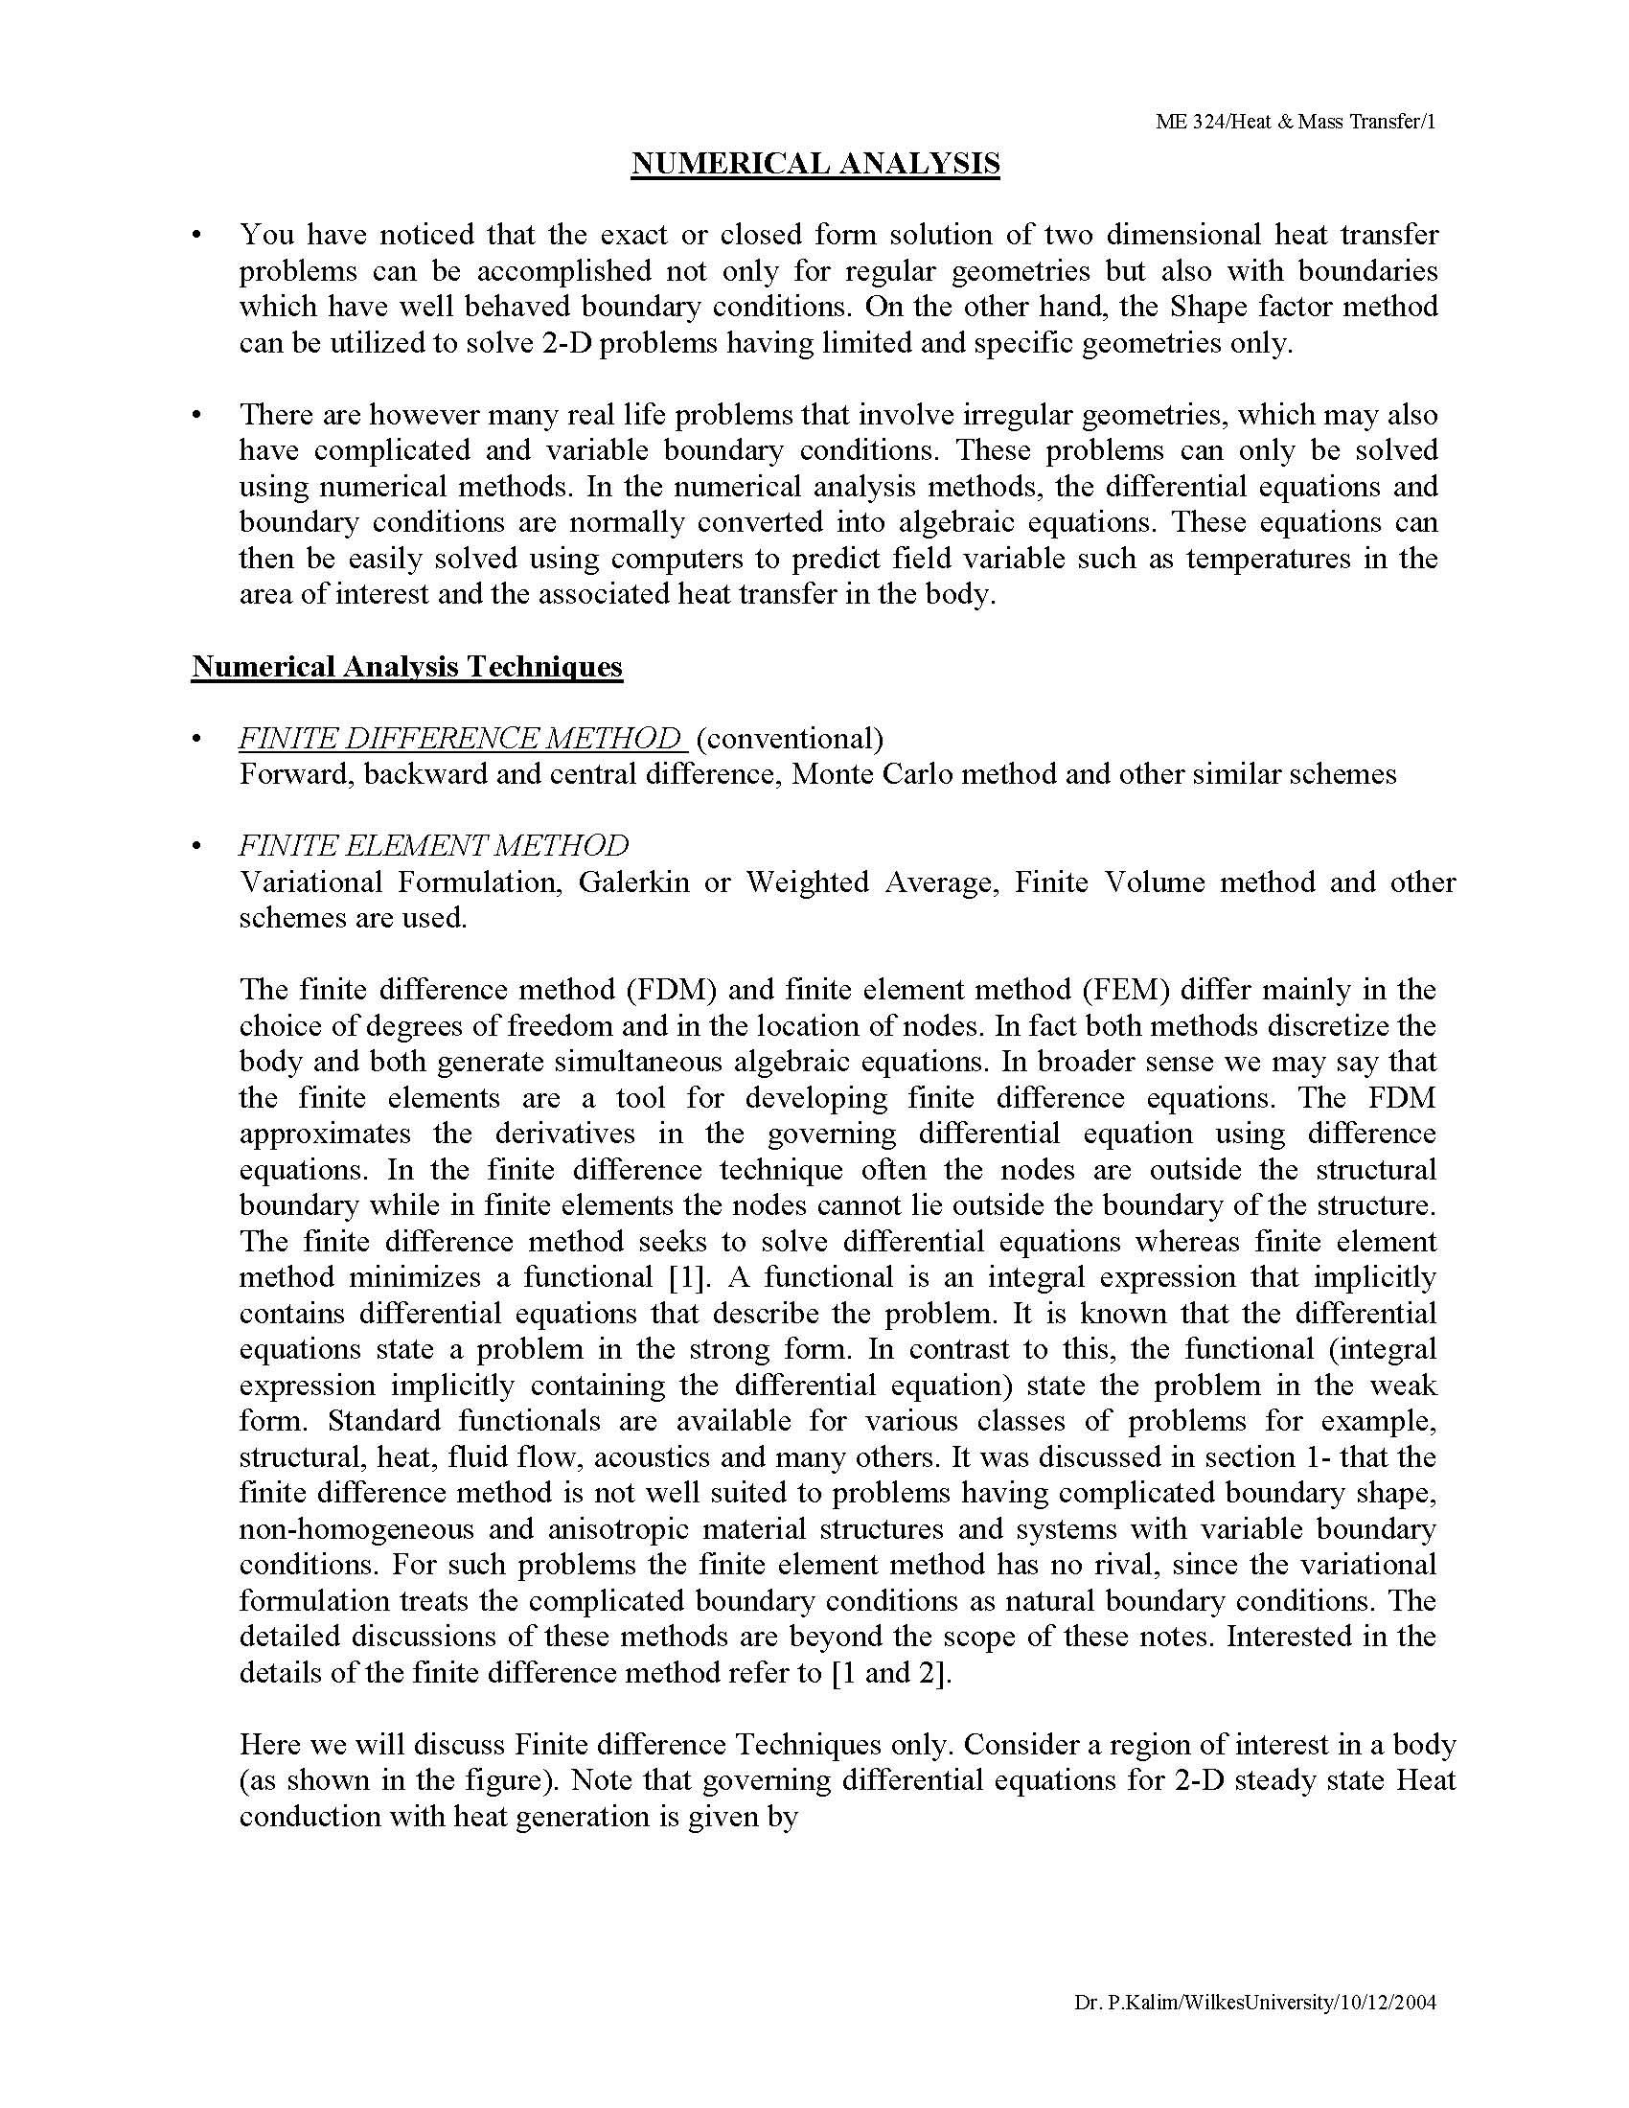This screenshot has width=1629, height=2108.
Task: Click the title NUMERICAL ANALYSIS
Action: pos(815,164)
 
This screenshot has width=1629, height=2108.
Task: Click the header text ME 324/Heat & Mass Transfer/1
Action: pos(1296,122)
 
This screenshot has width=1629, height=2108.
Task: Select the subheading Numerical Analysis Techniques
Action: pos(406,667)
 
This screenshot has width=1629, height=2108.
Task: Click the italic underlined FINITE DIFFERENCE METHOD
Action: pos(461,739)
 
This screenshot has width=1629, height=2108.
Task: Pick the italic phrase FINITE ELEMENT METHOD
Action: pos(433,845)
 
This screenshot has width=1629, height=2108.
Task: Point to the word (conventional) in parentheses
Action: pos(789,739)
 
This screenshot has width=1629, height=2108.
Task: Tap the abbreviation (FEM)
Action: pos(1126,990)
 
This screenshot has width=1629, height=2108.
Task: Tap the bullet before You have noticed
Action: pos(196,236)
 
